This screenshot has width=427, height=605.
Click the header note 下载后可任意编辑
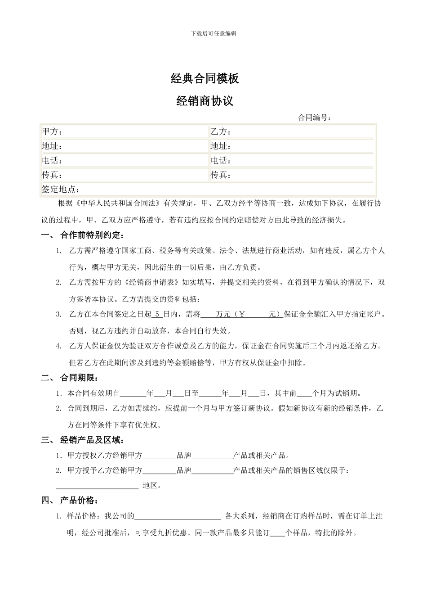pos(213,34)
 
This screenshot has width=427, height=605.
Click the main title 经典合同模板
pos(205,79)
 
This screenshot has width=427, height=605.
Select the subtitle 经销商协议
pos(205,101)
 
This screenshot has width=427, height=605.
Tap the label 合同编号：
pos(315,118)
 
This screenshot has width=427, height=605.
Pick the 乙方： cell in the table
pos(221,132)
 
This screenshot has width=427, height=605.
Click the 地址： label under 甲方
pos(52,146)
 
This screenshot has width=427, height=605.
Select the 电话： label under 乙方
pos(221,161)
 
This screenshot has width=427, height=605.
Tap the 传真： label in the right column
pos(221,175)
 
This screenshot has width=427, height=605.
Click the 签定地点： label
pos(60,189)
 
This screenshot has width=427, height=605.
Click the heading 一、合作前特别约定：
pos(83,235)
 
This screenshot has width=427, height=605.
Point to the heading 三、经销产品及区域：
pos(83,440)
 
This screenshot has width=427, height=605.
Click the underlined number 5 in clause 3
pos(157,314)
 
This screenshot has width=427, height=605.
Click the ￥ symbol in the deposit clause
pos(242,314)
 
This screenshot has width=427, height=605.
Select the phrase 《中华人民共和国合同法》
pos(117,203)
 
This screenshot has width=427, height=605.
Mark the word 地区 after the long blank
pos(151,486)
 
